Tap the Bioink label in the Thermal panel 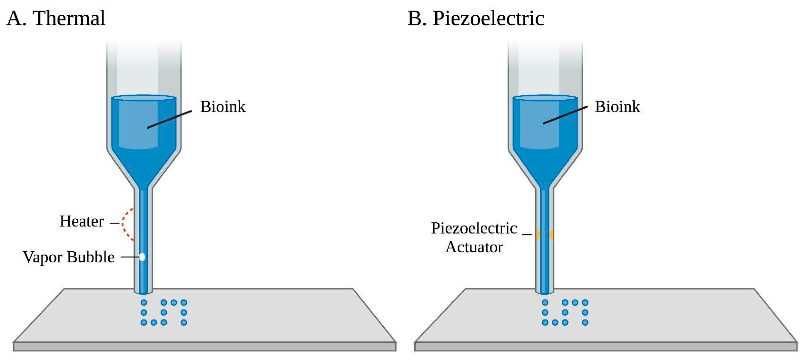pos(223,107)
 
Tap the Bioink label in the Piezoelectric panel pos(617,107)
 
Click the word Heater pos(82,221)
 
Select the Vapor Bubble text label pos(68,257)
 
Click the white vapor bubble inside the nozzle pos(142,257)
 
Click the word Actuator pos(474,247)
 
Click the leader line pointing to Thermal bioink pos(169,119)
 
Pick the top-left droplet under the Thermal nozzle pos(144,302)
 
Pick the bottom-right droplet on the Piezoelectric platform pos(585,322)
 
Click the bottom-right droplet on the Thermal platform pos(184,322)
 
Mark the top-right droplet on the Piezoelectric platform pos(585,302)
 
